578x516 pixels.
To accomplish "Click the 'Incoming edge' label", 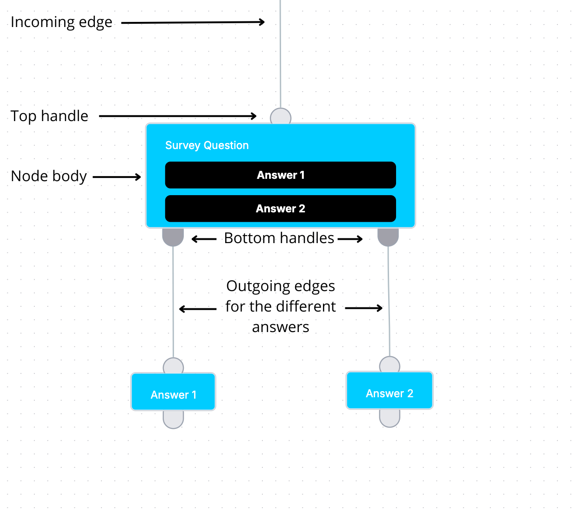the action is (61, 22).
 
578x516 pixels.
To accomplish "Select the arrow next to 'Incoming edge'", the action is (193, 22).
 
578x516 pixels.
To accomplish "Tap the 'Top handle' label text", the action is (49, 116).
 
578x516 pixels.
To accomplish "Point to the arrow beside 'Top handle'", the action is (177, 116).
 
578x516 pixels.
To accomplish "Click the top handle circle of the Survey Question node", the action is (281, 116).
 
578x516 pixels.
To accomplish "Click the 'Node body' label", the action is (49, 176).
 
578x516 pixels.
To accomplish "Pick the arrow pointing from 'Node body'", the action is (117, 177).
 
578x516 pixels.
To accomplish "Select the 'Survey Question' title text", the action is (207, 145).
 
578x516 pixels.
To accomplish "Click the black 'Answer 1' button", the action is (281, 175).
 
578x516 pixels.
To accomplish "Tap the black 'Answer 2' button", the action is (281, 209).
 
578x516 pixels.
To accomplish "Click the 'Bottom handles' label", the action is (279, 238).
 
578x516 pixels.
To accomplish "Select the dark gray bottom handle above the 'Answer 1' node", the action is (173, 237).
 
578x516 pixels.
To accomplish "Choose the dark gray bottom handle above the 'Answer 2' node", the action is (388, 237).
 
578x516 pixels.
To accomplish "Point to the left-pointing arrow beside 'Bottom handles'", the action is (204, 239).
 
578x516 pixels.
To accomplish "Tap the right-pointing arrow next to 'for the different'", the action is (364, 308).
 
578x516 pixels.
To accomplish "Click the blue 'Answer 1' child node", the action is (173, 392).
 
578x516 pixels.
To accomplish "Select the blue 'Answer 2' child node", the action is (390, 390).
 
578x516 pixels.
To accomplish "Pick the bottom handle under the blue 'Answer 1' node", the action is (173, 420).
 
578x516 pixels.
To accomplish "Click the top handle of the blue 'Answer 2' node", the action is (390, 364).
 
